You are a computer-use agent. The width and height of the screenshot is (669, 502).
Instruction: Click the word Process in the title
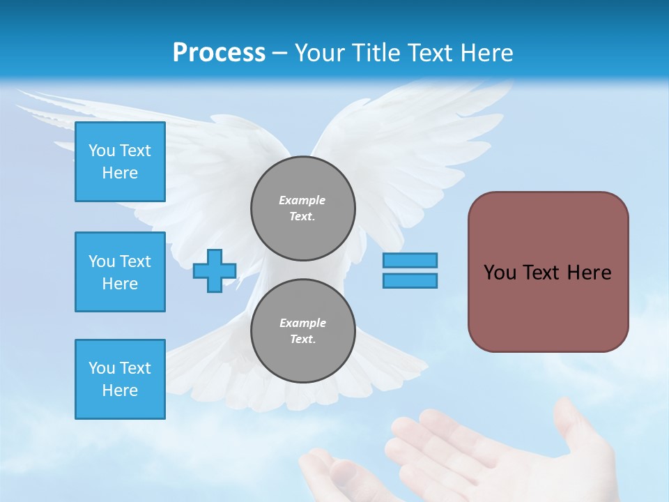[x=219, y=53]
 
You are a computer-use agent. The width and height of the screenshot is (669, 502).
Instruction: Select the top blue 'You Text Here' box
[x=120, y=162]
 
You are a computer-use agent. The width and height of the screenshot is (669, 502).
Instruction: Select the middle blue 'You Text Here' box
[x=120, y=272]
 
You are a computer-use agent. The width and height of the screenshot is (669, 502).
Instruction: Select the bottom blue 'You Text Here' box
[x=120, y=379]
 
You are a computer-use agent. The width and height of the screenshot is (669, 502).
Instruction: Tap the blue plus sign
[x=215, y=271]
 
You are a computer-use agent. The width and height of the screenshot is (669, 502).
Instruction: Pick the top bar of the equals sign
[x=410, y=260]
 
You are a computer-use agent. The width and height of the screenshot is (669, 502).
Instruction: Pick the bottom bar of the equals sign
[x=410, y=280]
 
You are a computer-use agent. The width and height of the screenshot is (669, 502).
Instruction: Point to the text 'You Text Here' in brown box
[x=548, y=273]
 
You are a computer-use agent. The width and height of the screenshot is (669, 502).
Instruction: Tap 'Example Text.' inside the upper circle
[x=302, y=208]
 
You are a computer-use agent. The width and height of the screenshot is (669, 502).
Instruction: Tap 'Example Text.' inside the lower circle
[x=302, y=331]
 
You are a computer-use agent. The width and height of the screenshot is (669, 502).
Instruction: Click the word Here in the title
[x=487, y=53]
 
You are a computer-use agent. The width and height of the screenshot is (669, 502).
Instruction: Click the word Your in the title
[x=318, y=53]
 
